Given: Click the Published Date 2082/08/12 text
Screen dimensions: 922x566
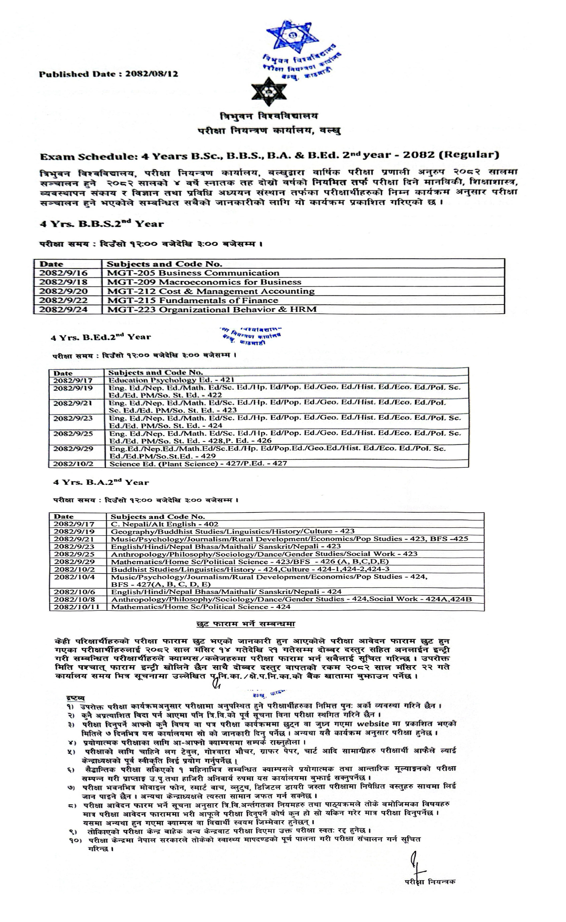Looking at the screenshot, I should point(109,74).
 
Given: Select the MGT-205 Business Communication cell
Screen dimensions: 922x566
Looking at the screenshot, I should point(193,273).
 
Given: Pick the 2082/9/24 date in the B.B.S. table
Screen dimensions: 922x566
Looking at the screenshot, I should point(63,310).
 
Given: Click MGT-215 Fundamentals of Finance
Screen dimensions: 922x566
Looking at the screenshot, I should point(192,300).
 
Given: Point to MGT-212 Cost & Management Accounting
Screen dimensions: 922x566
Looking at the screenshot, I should point(211,291).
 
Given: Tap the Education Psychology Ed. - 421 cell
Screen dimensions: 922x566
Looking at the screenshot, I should point(171,380).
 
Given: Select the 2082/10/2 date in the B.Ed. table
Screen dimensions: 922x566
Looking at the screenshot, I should point(73,464).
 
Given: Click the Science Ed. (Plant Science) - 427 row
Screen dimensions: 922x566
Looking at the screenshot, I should point(198,464).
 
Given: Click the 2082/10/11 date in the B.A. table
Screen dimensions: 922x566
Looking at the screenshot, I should point(77,607).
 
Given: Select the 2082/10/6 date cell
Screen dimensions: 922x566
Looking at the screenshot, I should point(74,592).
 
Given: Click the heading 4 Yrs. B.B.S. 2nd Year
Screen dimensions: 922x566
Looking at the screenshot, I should point(102,224).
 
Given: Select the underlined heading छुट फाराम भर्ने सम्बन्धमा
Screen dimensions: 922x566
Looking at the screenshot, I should point(246,624).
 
